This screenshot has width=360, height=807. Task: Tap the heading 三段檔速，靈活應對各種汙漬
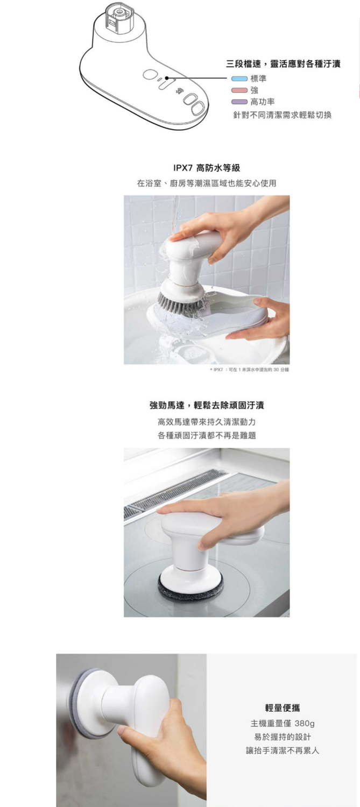[x=283, y=65]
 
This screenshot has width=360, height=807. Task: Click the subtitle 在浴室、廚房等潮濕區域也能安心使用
[x=207, y=183]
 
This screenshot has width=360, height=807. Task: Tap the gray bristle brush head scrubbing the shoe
[x=180, y=302]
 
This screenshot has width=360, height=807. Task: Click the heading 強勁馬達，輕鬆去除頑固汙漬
[x=207, y=405]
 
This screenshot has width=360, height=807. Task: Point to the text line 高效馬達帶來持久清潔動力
[x=207, y=421]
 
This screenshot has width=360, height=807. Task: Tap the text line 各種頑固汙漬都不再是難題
[x=207, y=435]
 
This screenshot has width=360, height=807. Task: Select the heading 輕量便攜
[x=283, y=708]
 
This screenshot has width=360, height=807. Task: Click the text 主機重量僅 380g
[x=283, y=723]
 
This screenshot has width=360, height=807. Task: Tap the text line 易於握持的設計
[x=283, y=737]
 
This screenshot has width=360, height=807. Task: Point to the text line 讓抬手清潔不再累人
[x=283, y=751]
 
